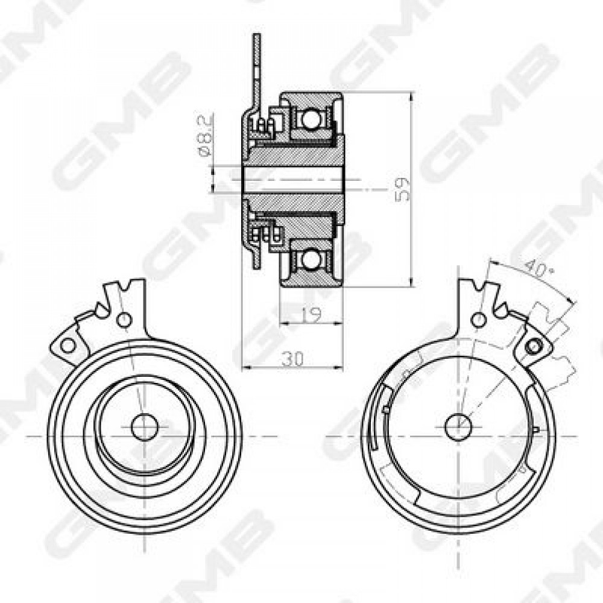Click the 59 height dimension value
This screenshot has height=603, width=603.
[402, 189]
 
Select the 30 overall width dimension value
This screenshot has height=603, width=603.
[292, 359]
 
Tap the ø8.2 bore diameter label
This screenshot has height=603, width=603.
[204, 135]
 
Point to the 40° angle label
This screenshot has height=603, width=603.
[539, 268]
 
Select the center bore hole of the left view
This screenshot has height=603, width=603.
[145, 427]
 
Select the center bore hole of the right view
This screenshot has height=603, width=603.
[458, 427]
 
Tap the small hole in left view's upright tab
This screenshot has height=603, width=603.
[124, 319]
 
